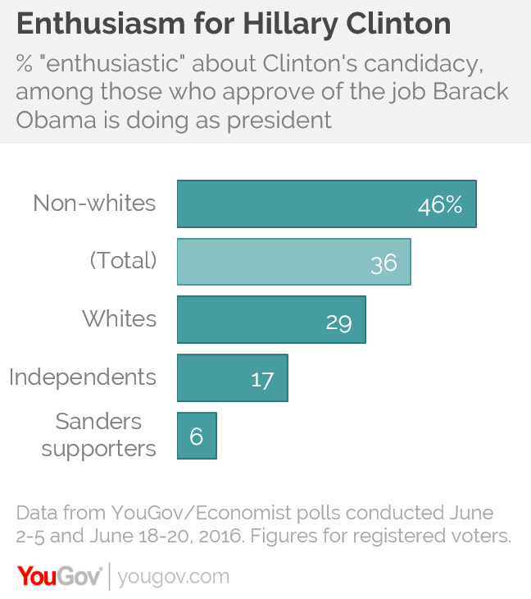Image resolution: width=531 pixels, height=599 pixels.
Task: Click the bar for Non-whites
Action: pyautogui.click(x=326, y=203)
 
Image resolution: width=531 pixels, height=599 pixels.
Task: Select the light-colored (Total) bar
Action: pyautogui.click(x=293, y=262)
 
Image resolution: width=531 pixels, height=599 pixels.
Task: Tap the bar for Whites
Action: pyautogui.click(x=271, y=320)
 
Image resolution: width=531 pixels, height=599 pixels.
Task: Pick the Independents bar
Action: pyautogui.click(x=232, y=378)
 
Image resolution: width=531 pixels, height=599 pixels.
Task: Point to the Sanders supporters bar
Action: pyautogui.click(x=197, y=436)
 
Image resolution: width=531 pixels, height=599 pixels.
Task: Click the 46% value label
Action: pyautogui.click(x=440, y=205)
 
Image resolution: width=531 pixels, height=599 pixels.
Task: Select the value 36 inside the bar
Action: pyautogui.click(x=383, y=263)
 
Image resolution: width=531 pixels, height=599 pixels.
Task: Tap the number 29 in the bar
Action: pyautogui.click(x=338, y=321)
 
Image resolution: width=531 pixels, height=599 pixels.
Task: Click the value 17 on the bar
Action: pyautogui.click(x=262, y=379)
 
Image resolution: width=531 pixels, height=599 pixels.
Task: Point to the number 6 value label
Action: pyautogui.click(x=197, y=436)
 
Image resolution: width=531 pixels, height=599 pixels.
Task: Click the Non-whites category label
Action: pyautogui.click(x=94, y=203)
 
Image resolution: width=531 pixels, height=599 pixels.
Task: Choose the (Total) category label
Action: pyautogui.click(x=122, y=261)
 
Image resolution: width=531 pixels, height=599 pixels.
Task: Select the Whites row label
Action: pyautogui.click(x=119, y=318)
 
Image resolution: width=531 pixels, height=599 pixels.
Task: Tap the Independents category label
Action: pyautogui.click(x=83, y=377)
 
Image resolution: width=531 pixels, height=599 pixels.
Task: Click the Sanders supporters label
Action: pyautogui.click(x=99, y=435)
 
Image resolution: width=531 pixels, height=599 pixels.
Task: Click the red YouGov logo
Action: pyautogui.click(x=59, y=575)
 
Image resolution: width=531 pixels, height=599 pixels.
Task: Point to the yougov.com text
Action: pyautogui.click(x=174, y=576)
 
